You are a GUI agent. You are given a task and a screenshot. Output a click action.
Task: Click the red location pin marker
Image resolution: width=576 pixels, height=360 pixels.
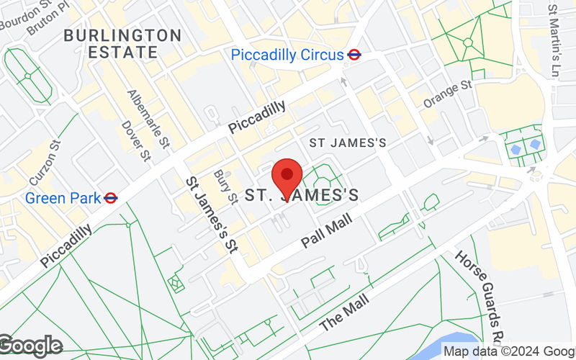coord(287,177)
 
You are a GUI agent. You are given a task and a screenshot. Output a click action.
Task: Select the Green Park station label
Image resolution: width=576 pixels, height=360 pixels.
coord(63,197)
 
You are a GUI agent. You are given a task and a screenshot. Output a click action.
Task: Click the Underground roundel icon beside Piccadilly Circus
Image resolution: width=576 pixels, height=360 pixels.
coord(354,54)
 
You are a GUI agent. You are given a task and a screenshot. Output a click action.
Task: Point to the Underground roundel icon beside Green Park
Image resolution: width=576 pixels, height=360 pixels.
coord(110,197)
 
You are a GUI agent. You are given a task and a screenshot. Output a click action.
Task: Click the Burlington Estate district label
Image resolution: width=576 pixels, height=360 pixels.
coord(122,43)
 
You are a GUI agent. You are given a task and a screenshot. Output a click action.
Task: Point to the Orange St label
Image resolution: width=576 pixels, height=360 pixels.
coord(446,94)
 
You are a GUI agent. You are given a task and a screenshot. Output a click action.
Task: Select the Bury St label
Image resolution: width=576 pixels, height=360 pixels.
coord(225,186)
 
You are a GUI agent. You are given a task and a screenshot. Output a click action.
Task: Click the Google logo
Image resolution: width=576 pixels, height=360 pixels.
coord(31,346)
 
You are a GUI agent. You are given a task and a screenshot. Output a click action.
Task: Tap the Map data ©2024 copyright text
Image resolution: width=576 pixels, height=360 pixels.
coord(508,351)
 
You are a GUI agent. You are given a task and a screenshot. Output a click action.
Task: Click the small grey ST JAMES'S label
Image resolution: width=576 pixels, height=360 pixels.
coord(348,143)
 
